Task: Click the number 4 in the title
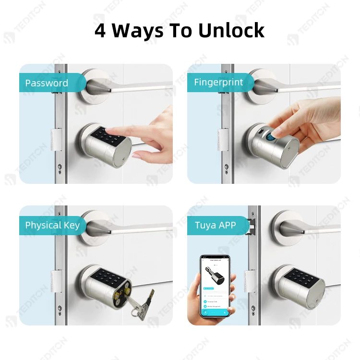[100, 30]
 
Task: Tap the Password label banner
[47, 83]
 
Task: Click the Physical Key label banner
[52, 225]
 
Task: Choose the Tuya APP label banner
[216, 225]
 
